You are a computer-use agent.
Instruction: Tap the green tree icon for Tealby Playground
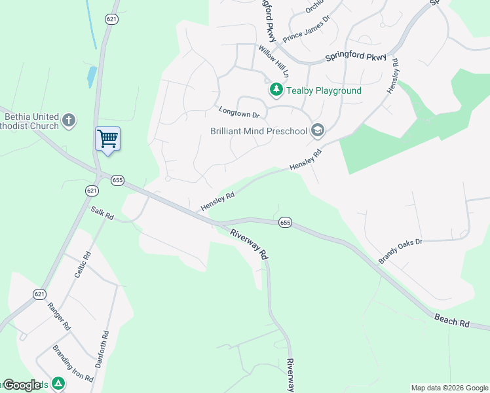pyautogui.click(x=276, y=90)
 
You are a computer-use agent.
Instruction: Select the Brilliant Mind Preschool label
pyautogui.click(x=258, y=131)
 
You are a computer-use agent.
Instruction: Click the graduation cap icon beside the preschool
pyautogui.click(x=318, y=130)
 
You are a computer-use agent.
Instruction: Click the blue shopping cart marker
pyautogui.click(x=107, y=139)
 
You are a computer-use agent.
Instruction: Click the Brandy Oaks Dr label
pyautogui.click(x=401, y=252)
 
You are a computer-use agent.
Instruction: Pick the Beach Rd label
pyautogui.click(x=452, y=320)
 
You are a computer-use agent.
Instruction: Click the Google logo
pyautogui.click(x=23, y=385)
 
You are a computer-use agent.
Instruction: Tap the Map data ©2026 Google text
pyautogui.click(x=449, y=388)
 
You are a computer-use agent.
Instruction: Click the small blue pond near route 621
pyautogui.click(x=92, y=77)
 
